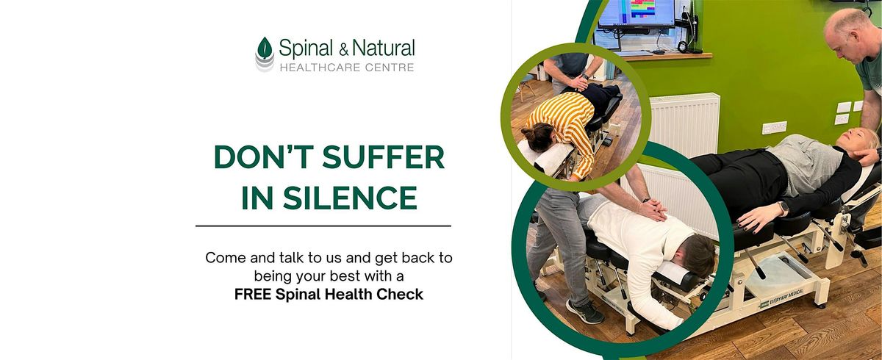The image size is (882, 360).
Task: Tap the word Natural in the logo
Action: [384, 50]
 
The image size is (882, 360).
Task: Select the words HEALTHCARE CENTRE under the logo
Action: [345, 68]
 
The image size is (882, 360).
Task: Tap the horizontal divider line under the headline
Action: [323, 226]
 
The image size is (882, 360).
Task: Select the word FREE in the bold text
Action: [251, 295]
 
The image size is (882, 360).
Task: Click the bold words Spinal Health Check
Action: [351, 295]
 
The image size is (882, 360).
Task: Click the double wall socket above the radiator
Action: [774, 128]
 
